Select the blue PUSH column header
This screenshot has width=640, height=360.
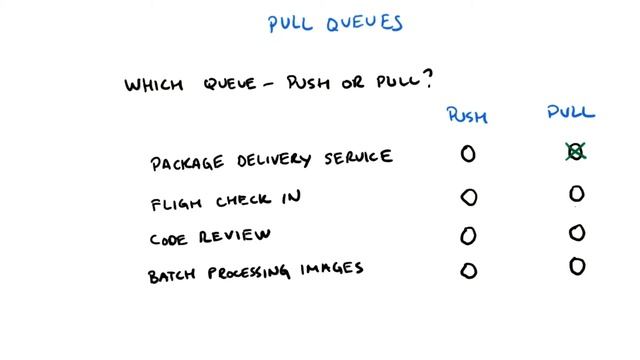pyautogui.click(x=466, y=116)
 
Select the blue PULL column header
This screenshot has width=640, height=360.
pyautogui.click(x=571, y=113)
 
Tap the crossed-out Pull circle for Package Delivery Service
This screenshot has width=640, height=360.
pyautogui.click(x=575, y=152)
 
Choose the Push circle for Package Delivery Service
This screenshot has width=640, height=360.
pyautogui.click(x=467, y=154)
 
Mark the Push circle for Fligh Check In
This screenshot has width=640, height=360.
pyautogui.click(x=467, y=197)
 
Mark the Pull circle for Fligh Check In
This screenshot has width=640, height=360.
pyautogui.click(x=576, y=194)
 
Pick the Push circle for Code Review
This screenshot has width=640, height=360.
pyautogui.click(x=467, y=236)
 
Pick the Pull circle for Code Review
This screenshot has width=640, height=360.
pyautogui.click(x=576, y=233)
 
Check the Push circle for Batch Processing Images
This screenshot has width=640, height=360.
pyautogui.click(x=467, y=270)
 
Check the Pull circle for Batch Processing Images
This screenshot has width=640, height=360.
pyautogui.click(x=576, y=267)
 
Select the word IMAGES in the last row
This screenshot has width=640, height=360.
pyautogui.click(x=331, y=269)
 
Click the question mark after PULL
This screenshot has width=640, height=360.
pyautogui.click(x=435, y=78)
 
